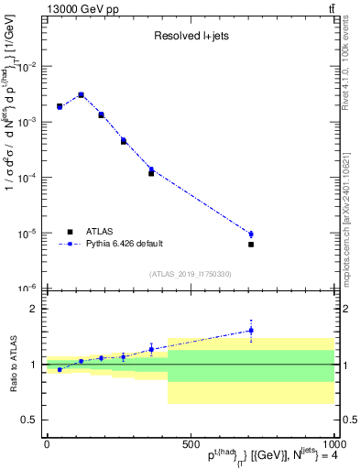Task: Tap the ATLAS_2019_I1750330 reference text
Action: (189, 274)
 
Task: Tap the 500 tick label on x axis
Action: (190, 444)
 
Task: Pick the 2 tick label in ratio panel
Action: (33, 309)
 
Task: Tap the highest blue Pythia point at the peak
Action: (81, 94)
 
